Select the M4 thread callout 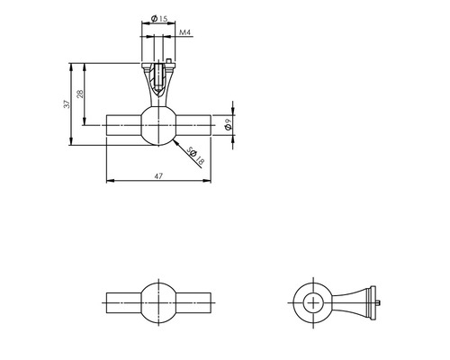pyautogui.click(x=184, y=33)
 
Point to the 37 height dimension pyautogui.click(x=66, y=104)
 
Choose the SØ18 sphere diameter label pyautogui.click(x=196, y=159)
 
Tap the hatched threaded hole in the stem pyautogui.click(x=158, y=74)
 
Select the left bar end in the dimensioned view pyautogui.click(x=121, y=124)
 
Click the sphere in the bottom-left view pyautogui.click(x=158, y=302)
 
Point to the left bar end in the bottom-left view pyautogui.click(x=121, y=302)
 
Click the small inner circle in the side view pyautogui.click(x=314, y=302)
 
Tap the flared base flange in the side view pyautogui.click(x=368, y=302)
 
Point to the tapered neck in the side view pyautogui.click(x=349, y=302)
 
